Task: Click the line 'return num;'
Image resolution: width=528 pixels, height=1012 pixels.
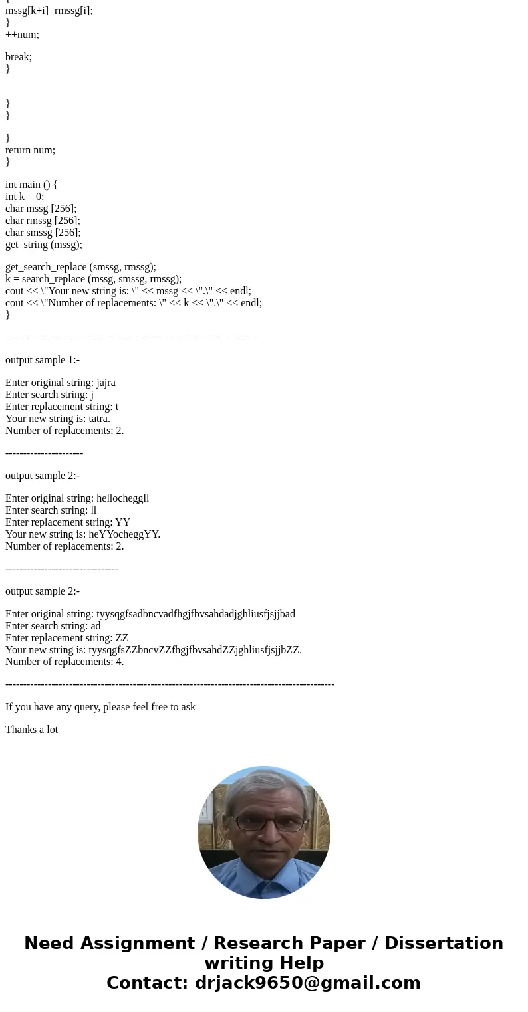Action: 31,150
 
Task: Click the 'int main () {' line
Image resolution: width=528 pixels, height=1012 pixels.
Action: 31,185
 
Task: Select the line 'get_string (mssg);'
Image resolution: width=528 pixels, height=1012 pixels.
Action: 44,245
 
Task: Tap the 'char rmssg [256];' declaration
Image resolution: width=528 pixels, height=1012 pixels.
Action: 43,221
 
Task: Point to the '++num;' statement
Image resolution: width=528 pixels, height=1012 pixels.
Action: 22,35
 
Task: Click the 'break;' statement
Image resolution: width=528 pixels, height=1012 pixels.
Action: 19,57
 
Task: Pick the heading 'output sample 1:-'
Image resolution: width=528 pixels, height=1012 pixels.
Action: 43,360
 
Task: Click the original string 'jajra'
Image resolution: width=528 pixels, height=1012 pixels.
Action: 106,383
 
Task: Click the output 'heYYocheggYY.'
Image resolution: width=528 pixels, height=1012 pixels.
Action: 124,534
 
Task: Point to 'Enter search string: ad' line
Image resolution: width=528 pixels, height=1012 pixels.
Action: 53,626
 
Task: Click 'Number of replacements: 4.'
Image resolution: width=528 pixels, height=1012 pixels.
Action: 65,662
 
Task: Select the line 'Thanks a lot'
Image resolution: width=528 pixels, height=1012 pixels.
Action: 32,730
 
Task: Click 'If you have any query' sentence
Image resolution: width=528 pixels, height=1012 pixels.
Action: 100,707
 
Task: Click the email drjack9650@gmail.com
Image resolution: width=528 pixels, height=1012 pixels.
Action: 307,983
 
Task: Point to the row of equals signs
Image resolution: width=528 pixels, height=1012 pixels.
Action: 131,338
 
